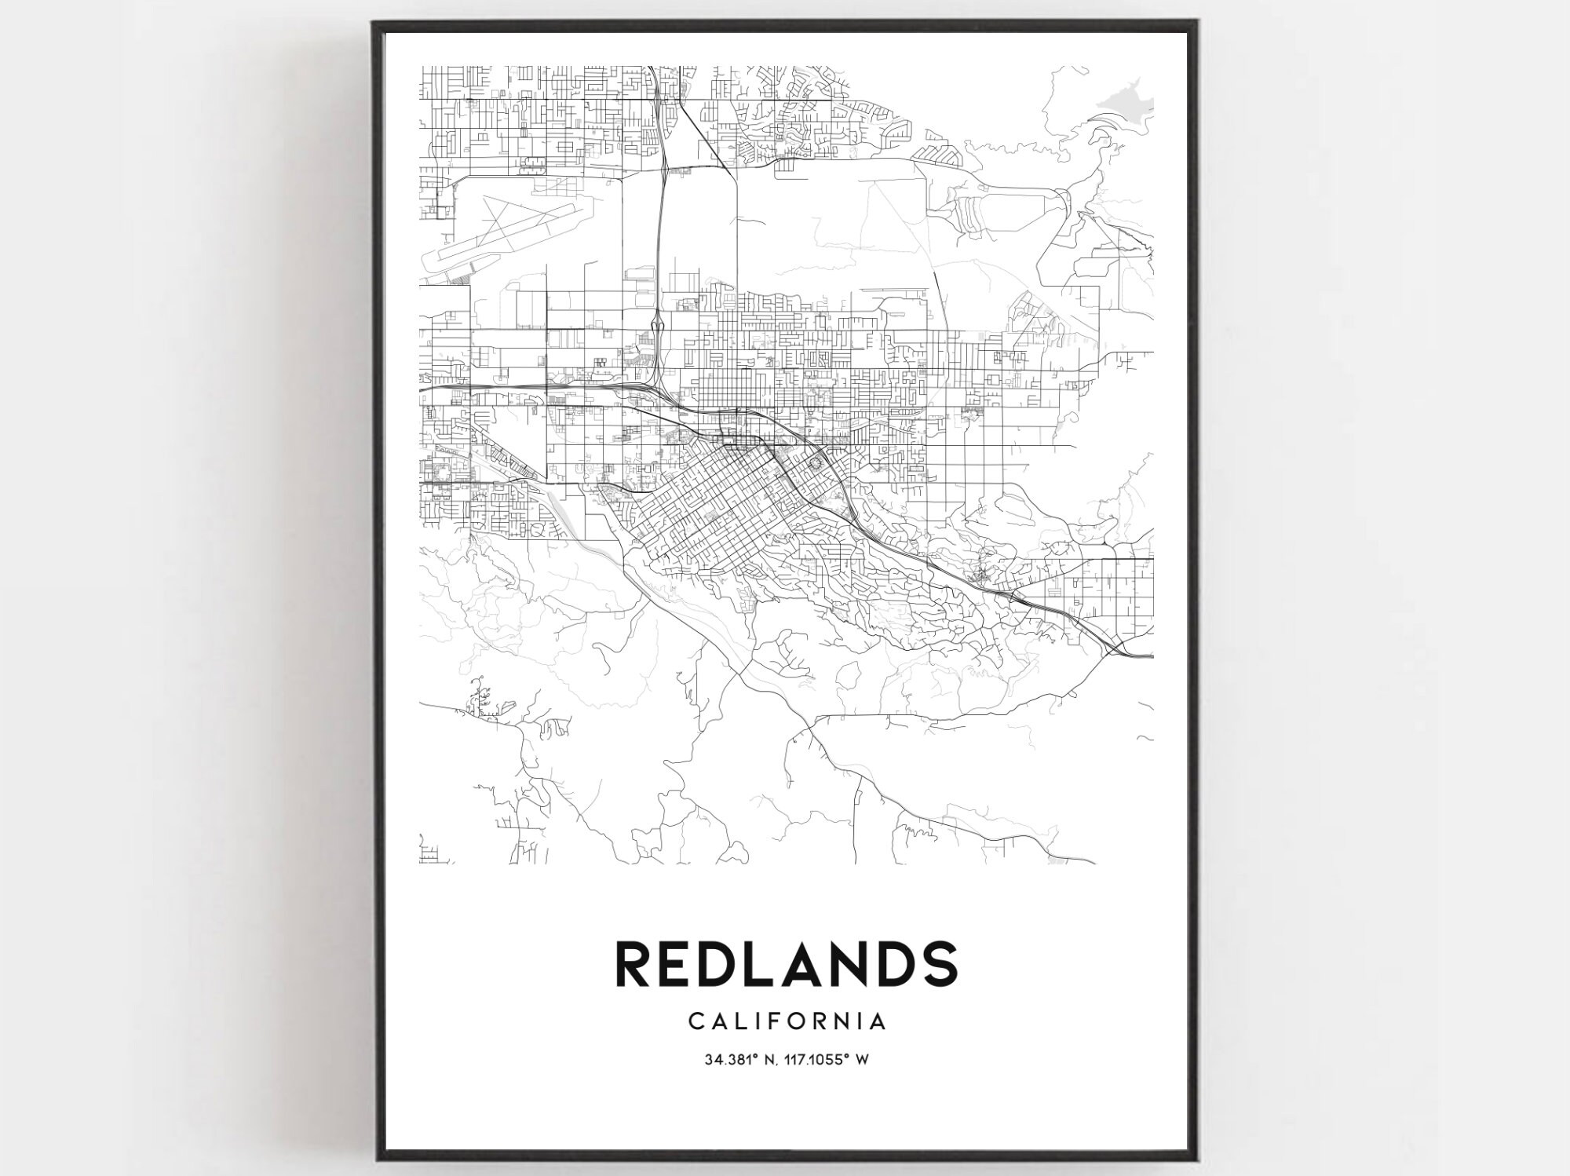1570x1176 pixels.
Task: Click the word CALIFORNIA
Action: (787, 1021)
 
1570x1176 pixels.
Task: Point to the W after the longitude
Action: (861, 1060)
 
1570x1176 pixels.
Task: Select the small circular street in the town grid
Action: (815, 464)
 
